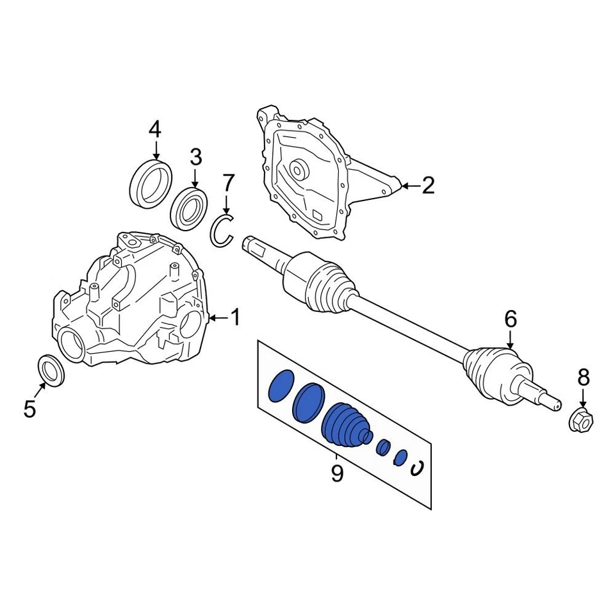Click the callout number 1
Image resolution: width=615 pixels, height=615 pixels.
[235, 316]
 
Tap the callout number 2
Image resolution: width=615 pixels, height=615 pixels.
[428, 186]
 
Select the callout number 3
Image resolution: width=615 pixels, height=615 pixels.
[195, 157]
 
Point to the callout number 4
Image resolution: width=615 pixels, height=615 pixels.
[155, 130]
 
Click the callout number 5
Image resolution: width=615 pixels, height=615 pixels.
[29, 408]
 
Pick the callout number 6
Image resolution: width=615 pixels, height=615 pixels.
[511, 318]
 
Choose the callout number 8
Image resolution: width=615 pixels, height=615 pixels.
[583, 378]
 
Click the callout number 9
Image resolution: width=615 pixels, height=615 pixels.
[337, 474]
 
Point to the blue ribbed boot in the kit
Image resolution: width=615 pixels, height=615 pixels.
[347, 426]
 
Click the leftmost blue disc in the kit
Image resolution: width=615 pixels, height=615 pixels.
[280, 386]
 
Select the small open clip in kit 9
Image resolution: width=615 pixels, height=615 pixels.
[416, 469]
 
